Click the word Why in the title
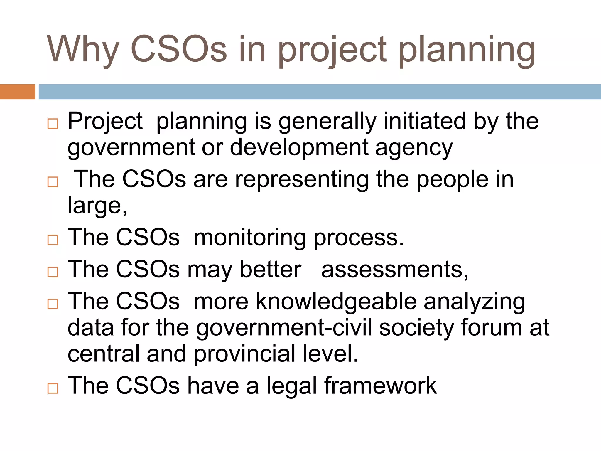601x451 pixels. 83,50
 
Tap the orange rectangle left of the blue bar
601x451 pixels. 17,92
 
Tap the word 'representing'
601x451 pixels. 302,180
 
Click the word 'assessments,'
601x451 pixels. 395,270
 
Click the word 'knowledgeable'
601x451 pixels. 336,302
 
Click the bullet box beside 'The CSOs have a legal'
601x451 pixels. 53,388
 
